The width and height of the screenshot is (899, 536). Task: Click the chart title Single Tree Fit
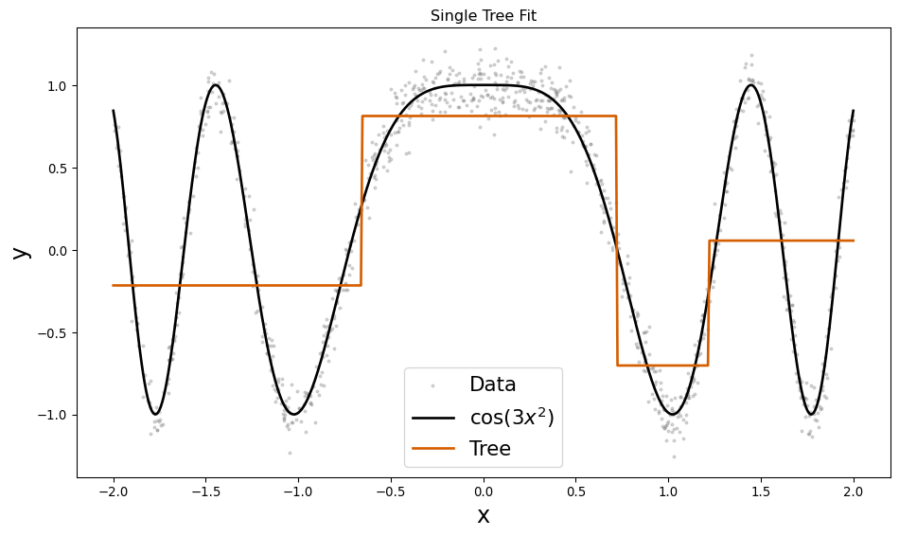484,16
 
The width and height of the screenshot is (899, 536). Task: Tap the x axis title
484,516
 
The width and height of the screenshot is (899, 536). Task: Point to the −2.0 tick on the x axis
114,491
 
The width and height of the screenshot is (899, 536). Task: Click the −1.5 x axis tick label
205,491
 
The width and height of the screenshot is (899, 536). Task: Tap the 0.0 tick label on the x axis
484,491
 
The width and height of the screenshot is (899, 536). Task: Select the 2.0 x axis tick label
854,491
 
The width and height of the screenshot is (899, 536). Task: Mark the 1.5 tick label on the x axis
761,491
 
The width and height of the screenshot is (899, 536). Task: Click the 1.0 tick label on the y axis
55,86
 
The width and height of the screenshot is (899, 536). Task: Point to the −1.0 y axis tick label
51,415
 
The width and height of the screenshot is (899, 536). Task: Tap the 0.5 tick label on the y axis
55,169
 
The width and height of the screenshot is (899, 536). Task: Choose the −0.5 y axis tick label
51,332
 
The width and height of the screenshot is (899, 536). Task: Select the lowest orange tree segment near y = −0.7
662,365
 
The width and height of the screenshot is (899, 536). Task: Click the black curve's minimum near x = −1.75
156,414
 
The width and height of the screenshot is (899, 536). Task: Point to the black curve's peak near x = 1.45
751,85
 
